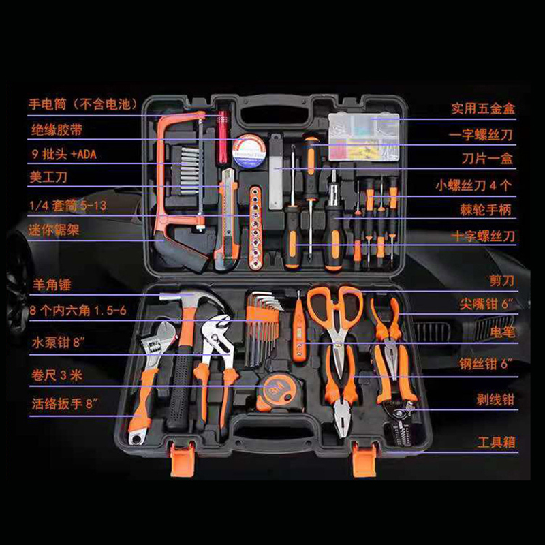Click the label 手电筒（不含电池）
82,104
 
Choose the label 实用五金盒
482,108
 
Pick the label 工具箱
495,443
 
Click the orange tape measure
277,390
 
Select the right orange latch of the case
364,461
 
